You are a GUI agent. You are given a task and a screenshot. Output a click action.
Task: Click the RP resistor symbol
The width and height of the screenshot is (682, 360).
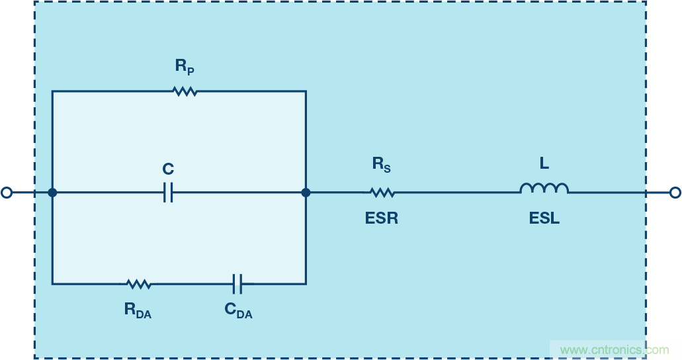click(x=185, y=91)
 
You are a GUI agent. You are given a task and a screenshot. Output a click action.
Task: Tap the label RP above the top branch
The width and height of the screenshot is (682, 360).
click(x=185, y=66)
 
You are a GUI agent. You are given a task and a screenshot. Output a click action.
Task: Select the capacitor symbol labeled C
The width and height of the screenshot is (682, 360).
click(x=168, y=193)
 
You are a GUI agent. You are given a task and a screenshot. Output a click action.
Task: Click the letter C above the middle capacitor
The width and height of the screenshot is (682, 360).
click(x=168, y=170)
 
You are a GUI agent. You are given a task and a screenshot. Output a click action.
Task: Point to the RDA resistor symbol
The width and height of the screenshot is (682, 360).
click(x=138, y=284)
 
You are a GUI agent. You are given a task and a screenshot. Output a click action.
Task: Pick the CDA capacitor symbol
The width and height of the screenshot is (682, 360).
click(x=238, y=284)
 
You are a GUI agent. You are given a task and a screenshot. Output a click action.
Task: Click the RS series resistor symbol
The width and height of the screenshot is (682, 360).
click(x=382, y=193)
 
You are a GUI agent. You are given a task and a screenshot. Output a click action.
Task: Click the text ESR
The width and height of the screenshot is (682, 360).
click(x=382, y=218)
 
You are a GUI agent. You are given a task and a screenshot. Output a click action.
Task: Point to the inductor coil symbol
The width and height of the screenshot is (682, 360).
click(x=544, y=189)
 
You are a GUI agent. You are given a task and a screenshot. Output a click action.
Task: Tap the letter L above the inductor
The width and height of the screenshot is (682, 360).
click(x=544, y=164)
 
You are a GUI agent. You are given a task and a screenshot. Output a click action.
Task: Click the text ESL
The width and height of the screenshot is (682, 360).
click(x=544, y=218)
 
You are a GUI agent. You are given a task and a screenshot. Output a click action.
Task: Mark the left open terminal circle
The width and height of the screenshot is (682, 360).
click(x=7, y=193)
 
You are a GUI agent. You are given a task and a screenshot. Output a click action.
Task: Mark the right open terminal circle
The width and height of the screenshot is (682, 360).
click(x=675, y=193)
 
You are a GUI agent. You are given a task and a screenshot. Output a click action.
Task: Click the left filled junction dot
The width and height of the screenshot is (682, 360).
click(x=52, y=193)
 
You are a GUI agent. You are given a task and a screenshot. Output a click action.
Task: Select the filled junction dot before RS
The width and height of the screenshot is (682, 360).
click(x=306, y=193)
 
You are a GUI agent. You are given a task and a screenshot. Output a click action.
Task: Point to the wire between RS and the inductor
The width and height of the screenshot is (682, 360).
click(x=456, y=193)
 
